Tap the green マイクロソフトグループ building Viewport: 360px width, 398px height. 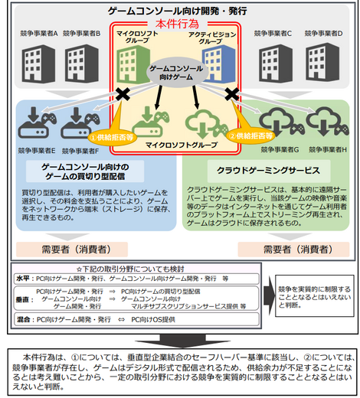coord(136,61)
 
